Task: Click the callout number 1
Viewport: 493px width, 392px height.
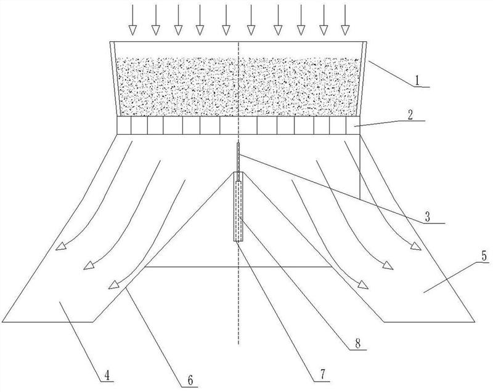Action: point(417,81)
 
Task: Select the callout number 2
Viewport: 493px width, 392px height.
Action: point(410,115)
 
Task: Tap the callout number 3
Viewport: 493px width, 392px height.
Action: point(427,217)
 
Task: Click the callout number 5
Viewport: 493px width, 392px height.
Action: point(484,256)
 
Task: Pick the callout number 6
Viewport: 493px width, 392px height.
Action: point(190,380)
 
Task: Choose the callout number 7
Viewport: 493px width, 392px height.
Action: point(323,374)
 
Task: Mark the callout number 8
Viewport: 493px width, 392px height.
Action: point(358,343)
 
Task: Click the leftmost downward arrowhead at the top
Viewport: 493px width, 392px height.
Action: point(132,30)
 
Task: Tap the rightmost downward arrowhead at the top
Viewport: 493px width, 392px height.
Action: point(345,30)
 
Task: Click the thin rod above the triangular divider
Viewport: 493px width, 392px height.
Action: point(238,162)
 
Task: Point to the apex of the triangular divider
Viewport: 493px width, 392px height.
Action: point(238,172)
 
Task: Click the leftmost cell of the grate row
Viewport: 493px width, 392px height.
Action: point(124,126)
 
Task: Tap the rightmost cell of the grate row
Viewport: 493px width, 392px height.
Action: point(353,126)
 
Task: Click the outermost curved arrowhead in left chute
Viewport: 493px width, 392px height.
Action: point(60,247)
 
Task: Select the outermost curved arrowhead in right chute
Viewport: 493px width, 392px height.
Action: point(415,246)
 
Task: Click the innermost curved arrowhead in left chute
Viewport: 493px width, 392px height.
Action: point(114,284)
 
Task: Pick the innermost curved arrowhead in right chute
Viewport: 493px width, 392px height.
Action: point(363,285)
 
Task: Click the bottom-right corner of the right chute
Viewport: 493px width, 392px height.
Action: point(474,322)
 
